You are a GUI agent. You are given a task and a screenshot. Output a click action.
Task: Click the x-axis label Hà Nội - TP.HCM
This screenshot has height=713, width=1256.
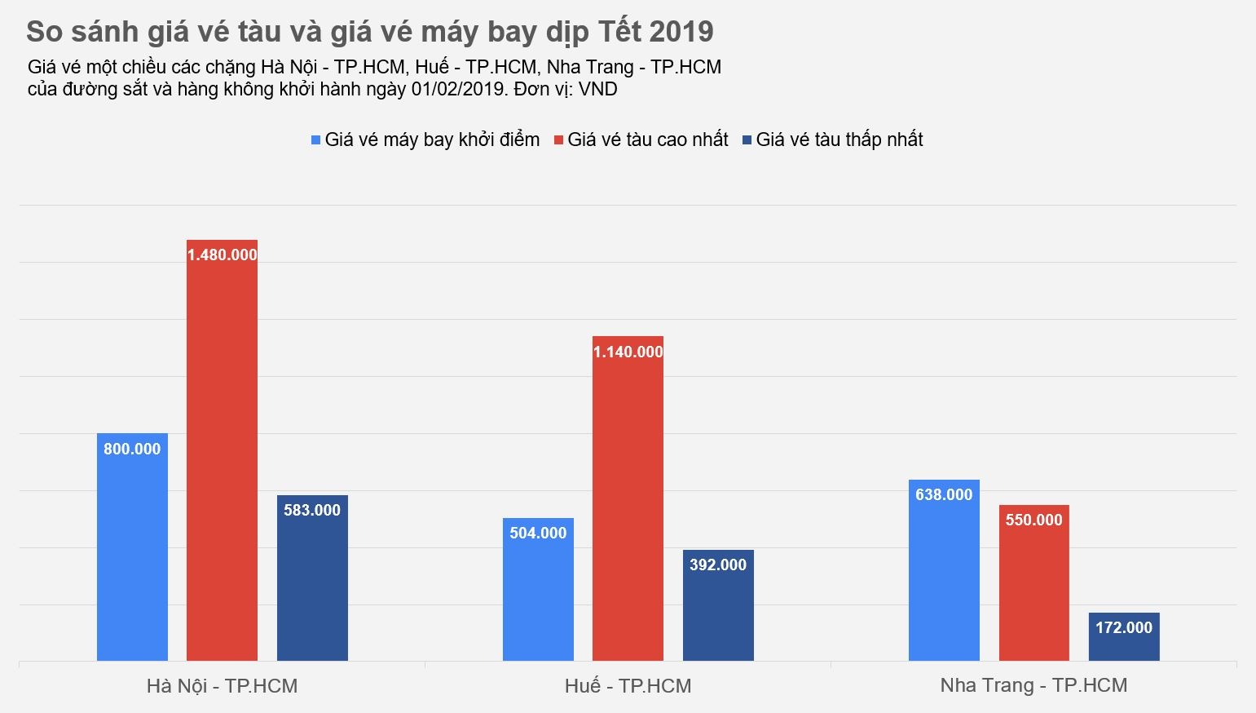point(222,686)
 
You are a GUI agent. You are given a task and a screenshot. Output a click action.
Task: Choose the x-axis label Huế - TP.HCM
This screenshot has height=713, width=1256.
point(628,686)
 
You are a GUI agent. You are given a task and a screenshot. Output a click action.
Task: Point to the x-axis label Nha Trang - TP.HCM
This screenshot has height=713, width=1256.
point(1033,685)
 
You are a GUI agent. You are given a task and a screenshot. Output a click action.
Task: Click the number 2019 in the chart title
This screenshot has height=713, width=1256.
point(681,32)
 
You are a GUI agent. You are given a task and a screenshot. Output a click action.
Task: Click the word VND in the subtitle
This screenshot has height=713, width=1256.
point(597,89)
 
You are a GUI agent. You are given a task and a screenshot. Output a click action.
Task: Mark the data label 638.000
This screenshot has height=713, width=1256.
point(944,494)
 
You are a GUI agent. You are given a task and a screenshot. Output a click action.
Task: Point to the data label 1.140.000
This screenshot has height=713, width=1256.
point(628,352)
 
